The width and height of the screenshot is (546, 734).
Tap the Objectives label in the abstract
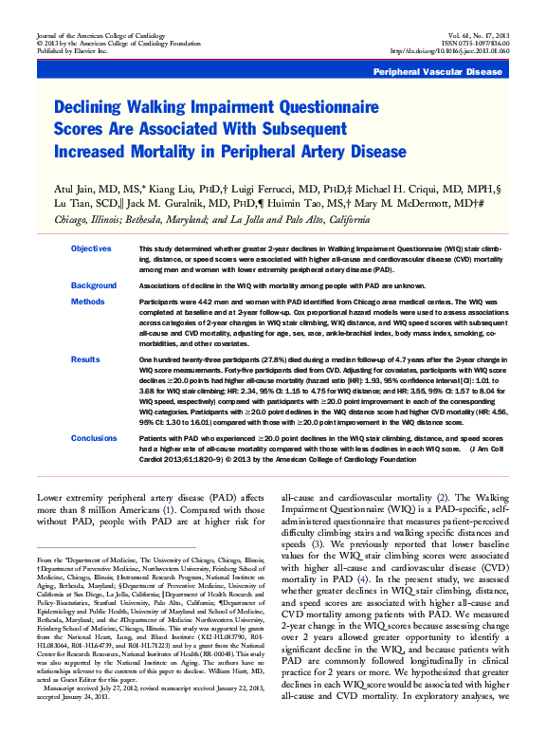(x=91, y=248)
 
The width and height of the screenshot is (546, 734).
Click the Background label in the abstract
(x=94, y=284)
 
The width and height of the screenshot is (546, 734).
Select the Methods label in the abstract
(x=87, y=302)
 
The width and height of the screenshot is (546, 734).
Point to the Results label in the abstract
(x=85, y=360)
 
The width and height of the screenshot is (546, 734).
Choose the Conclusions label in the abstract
(x=94, y=438)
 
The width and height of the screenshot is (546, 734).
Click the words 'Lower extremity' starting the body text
(x=75, y=498)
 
